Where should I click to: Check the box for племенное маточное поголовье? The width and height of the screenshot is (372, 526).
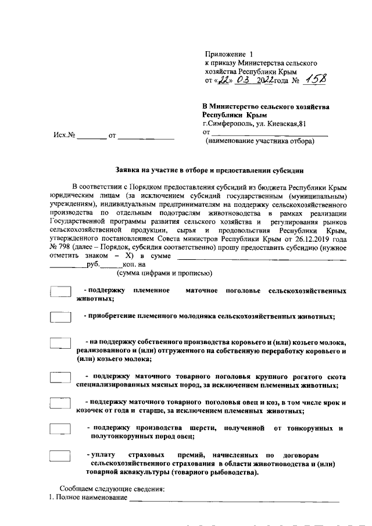click(x=60, y=291)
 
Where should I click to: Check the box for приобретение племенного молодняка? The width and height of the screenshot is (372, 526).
click(x=60, y=317)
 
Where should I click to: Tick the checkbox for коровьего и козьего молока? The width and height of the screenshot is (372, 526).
click(x=60, y=343)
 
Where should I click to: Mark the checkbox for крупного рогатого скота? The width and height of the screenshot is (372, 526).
click(x=60, y=377)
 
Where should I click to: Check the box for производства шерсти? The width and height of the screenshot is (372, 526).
click(x=60, y=429)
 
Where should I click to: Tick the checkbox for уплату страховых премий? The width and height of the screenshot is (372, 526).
click(x=60, y=455)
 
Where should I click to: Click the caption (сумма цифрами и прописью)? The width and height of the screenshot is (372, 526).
click(x=164, y=273)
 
